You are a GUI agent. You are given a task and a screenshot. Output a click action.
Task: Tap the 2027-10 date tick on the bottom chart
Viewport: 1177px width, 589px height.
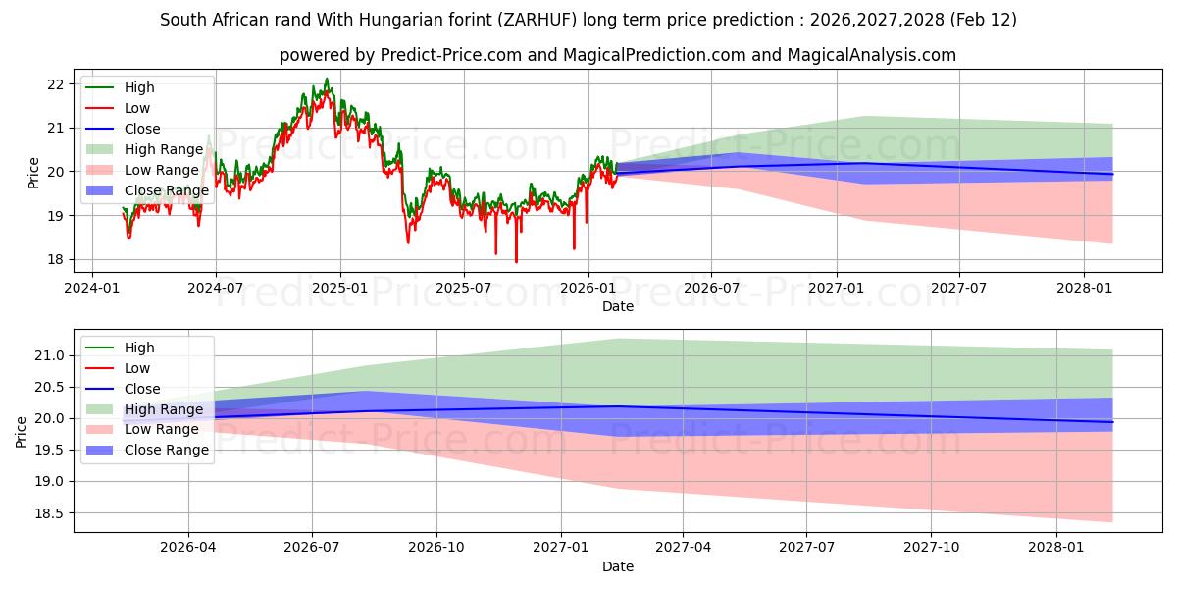pyautogui.click(x=932, y=547)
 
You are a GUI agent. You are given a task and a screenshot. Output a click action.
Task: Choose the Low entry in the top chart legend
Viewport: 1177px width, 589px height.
pyautogui.click(x=137, y=108)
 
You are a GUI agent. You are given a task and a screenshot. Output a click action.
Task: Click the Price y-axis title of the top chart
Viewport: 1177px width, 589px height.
pyautogui.click(x=34, y=173)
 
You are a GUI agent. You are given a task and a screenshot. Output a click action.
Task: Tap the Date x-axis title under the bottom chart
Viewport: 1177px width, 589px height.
pyautogui.click(x=618, y=566)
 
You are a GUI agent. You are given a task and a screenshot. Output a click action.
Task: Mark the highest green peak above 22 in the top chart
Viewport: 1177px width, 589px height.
pyautogui.click(x=327, y=80)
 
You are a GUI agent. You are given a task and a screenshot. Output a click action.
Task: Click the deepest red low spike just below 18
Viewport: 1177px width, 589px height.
pyautogui.click(x=516, y=261)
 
